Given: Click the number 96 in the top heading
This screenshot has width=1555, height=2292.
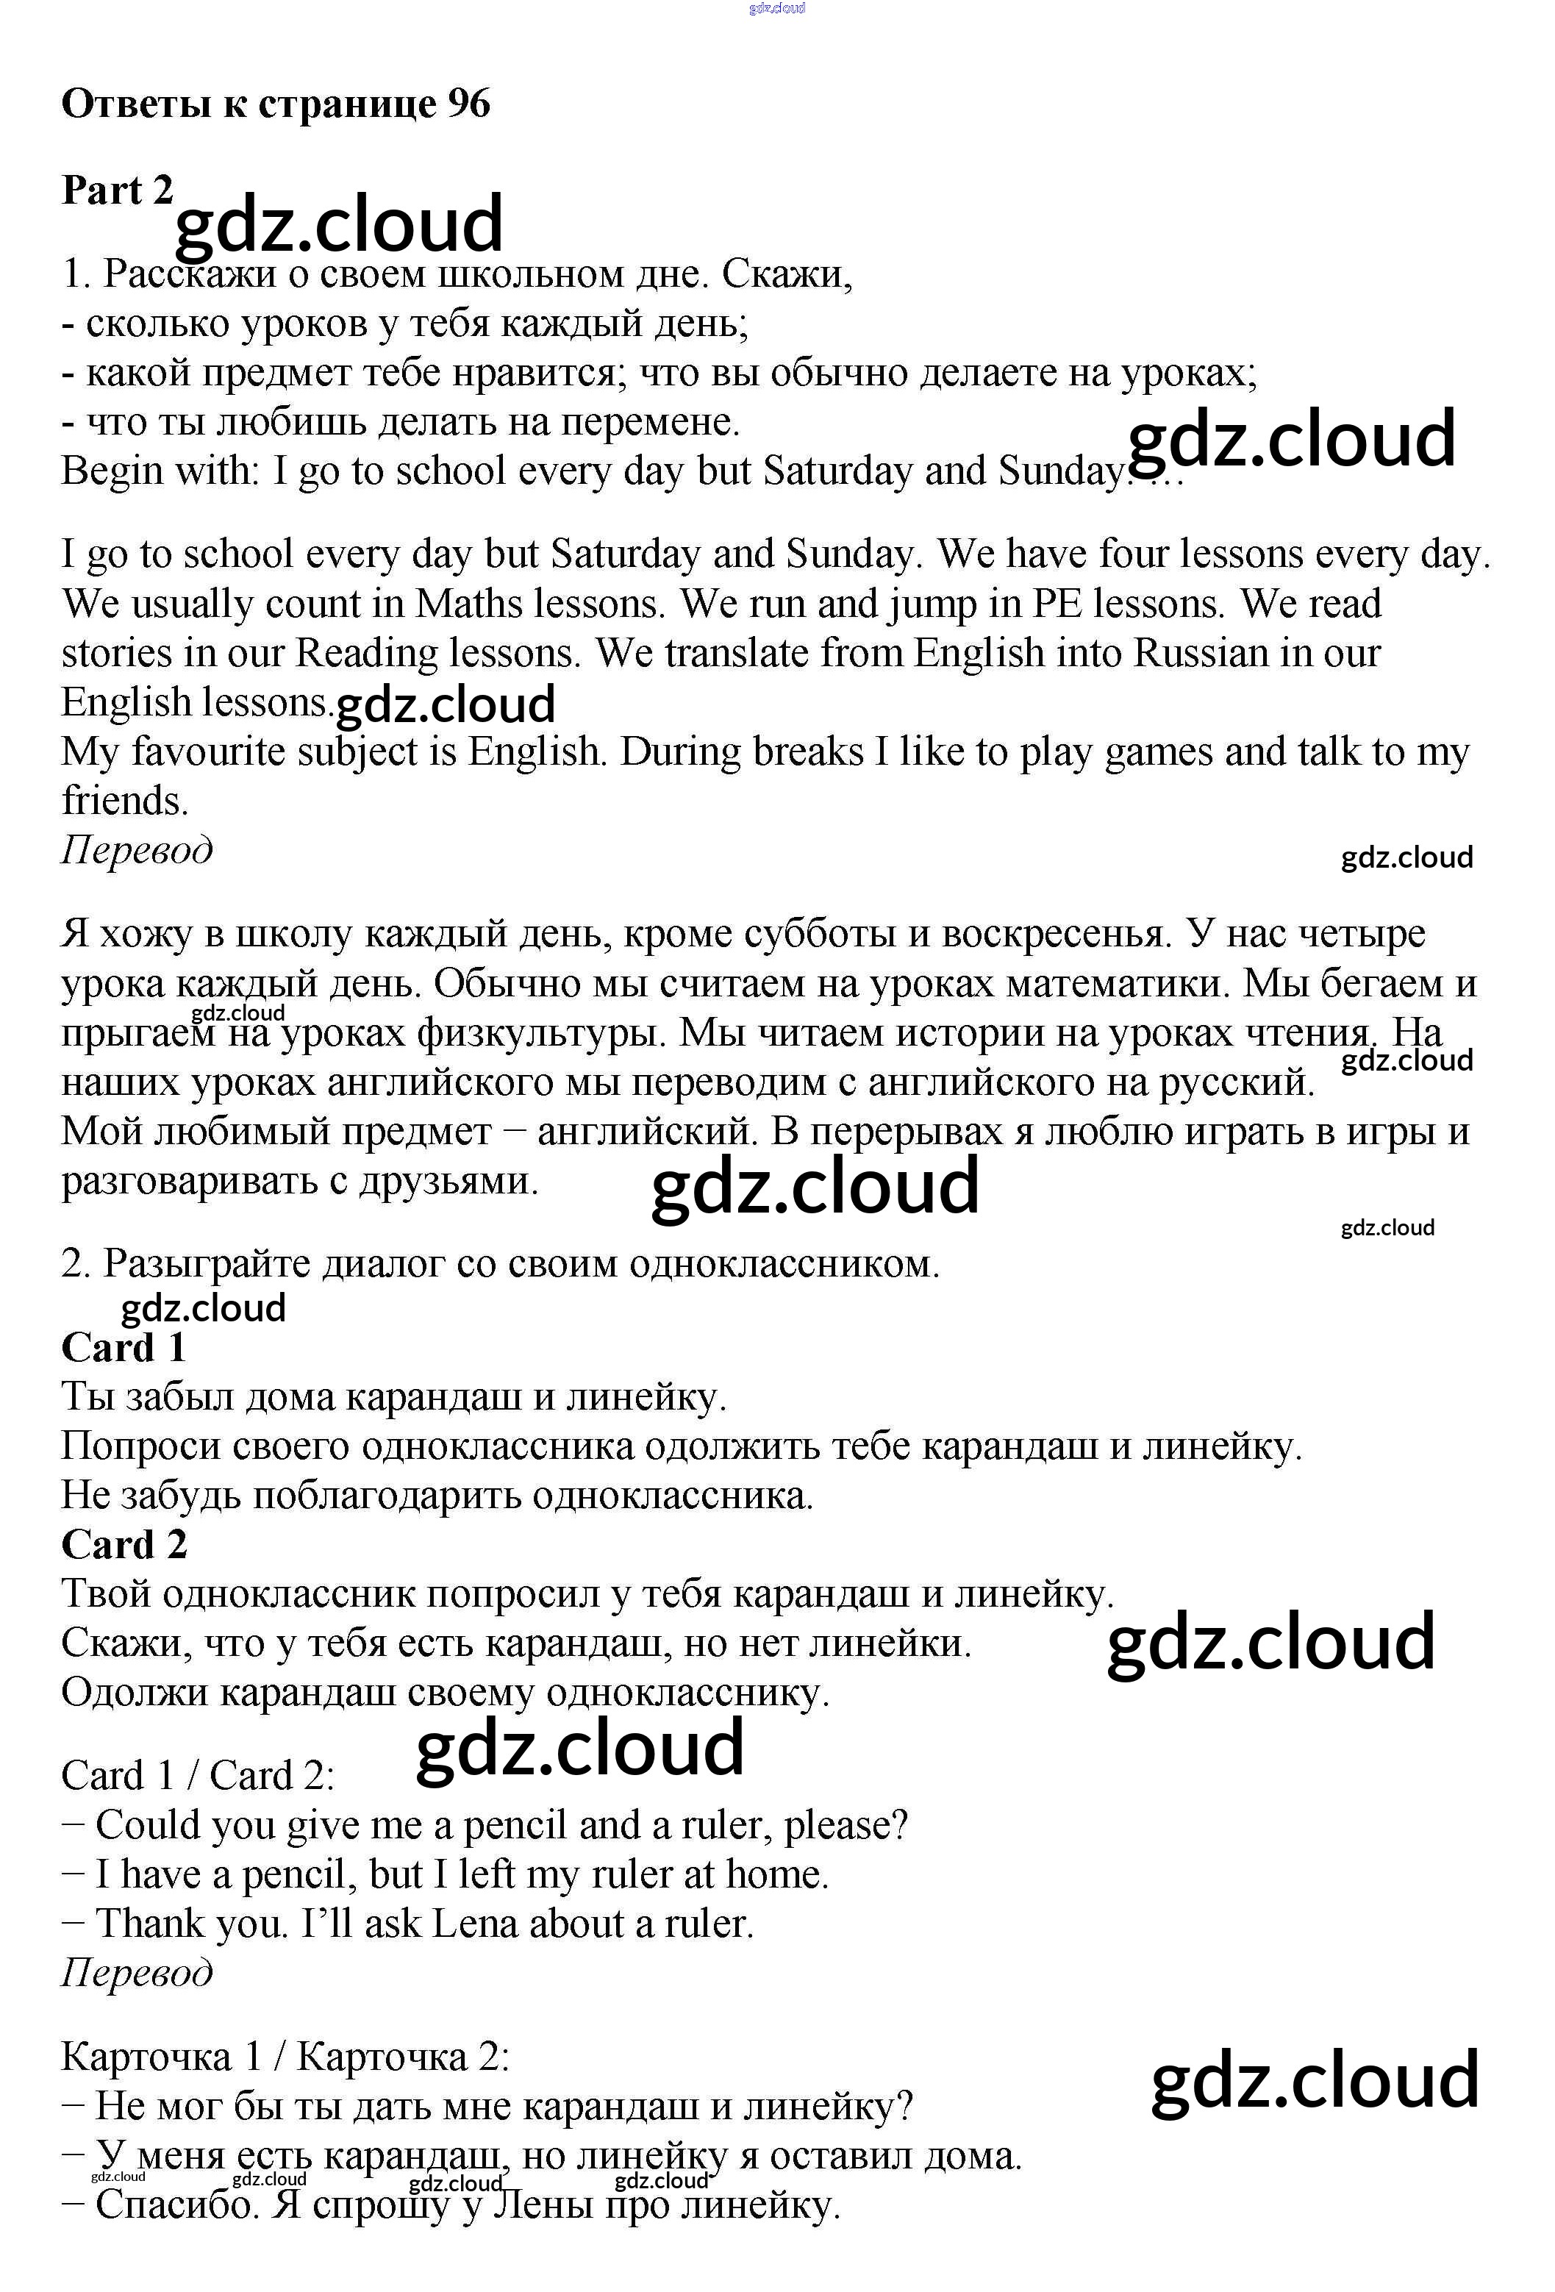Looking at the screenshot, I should pyautogui.click(x=468, y=104).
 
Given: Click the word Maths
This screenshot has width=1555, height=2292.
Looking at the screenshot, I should pyautogui.click(x=468, y=604).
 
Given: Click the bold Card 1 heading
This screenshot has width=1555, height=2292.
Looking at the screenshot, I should pyautogui.click(x=124, y=1347).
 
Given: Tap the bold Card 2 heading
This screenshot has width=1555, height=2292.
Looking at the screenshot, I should pyautogui.click(x=124, y=1544).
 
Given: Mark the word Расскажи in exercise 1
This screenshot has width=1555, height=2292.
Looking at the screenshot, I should pyautogui.click(x=190, y=274).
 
